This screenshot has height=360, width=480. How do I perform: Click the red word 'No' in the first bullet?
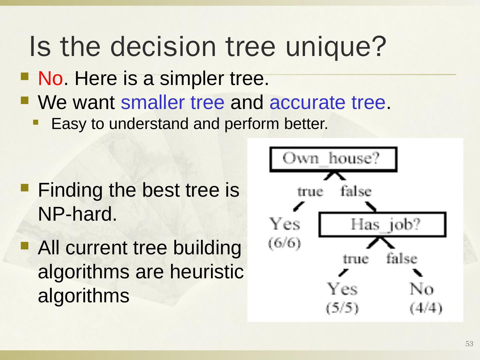tap(51, 78)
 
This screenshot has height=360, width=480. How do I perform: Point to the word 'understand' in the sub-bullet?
tap(148, 123)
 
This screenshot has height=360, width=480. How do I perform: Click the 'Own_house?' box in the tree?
tap(333, 159)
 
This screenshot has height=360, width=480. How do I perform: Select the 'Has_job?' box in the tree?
tap(382, 224)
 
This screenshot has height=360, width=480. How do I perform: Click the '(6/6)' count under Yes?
tap(285, 243)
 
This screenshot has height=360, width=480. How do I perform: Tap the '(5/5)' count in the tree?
tap(342, 308)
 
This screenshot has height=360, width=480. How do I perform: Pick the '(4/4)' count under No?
tap(426, 308)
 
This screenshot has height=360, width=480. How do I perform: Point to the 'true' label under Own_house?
tap(310, 192)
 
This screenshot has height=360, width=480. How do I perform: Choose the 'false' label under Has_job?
tap(402, 258)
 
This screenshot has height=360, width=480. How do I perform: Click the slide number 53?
tap(469, 344)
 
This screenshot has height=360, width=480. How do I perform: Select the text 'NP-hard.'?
tap(77, 214)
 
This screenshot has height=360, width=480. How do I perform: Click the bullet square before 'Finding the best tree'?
tap(25, 188)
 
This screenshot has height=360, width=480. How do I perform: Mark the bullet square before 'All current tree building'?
tap(25, 245)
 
